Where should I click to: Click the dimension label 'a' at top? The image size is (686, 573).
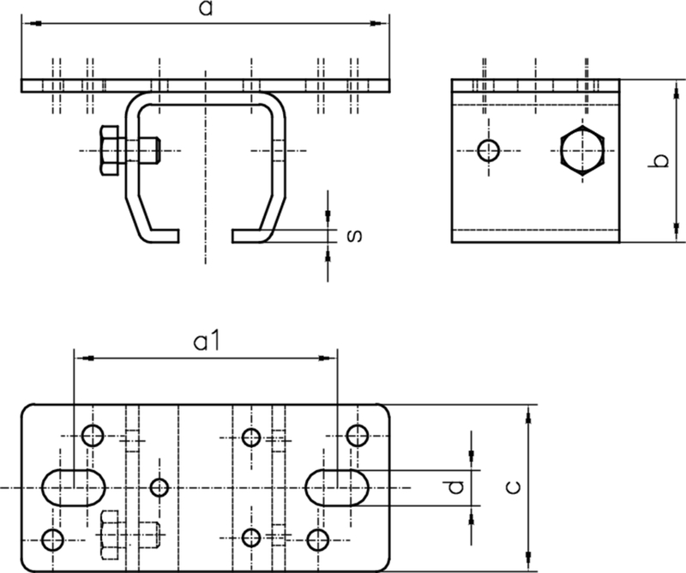pos(205,9)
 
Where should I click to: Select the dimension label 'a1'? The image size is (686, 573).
pos(207,341)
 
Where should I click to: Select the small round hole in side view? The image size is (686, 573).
pos(489,150)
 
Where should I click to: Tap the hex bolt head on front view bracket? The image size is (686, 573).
pos(110,151)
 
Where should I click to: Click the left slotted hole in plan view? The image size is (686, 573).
pos(73,487)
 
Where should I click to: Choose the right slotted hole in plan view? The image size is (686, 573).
pos(338,487)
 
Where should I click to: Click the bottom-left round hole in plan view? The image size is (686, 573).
pos(53,539)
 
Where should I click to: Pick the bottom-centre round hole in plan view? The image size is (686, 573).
pos(251,538)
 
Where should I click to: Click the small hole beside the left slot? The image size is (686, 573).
pos(159,487)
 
